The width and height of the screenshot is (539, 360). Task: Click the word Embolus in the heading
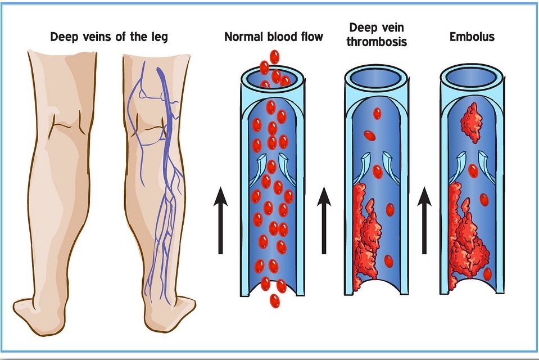(x=472, y=37)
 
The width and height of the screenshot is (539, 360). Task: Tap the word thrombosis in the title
(x=377, y=42)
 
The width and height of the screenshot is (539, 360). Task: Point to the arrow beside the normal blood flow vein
(x=220, y=220)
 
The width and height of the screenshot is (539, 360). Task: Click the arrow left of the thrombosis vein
(x=324, y=220)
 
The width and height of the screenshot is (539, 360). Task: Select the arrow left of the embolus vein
(x=424, y=220)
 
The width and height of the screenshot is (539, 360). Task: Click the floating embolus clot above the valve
(x=472, y=123)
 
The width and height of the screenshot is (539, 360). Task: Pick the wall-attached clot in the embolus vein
(x=468, y=237)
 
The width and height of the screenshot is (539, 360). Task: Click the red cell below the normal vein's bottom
(x=274, y=301)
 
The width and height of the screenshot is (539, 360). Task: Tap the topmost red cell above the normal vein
(x=274, y=57)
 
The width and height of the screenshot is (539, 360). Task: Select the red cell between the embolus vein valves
(x=473, y=170)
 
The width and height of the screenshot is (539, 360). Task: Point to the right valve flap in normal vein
(x=286, y=168)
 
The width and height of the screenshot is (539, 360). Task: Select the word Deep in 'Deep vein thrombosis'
(x=360, y=28)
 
